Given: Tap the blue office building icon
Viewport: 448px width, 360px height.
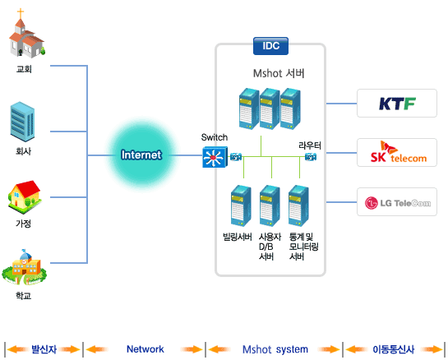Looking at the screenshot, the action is point(22,122).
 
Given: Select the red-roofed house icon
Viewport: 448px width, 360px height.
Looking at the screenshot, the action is point(25,197).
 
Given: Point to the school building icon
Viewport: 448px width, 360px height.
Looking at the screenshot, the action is point(25,267).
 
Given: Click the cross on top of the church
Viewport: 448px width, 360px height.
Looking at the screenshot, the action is point(21,13).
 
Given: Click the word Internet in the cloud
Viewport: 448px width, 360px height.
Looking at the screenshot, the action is point(141,155).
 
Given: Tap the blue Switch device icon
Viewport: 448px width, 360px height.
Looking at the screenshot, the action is point(215,157).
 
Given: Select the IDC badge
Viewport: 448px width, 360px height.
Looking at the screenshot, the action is point(271,46).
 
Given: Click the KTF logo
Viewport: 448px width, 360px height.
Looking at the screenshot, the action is point(397,104).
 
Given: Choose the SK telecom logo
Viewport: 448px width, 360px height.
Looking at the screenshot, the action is point(399,152).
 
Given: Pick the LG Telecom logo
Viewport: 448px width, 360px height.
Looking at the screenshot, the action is point(398,203).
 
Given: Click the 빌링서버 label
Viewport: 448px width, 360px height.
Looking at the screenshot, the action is point(238,237).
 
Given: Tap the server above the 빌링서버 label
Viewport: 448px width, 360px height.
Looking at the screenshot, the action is point(241,205).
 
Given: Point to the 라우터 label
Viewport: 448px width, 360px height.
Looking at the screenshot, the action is point(310,145).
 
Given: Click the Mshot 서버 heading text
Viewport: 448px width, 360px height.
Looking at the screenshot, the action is point(279,73).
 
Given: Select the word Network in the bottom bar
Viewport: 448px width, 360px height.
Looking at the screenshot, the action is point(145,349).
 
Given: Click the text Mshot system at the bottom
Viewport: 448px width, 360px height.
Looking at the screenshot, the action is point(275,349).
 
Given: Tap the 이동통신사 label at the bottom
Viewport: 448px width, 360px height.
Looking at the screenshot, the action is point(394,349).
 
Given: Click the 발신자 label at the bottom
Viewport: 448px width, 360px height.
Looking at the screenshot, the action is point(44,349).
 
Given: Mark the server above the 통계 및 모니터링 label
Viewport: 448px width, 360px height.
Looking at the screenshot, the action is point(298,205).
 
